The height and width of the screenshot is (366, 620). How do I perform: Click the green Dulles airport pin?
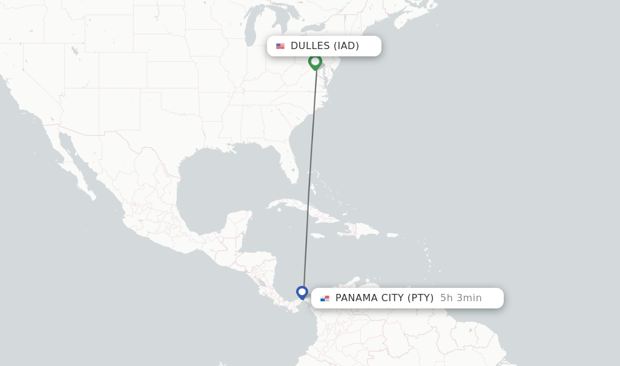(x=315, y=62)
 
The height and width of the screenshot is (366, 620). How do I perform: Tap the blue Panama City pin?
(x=302, y=292)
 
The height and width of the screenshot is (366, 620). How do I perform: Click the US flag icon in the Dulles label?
(x=280, y=46)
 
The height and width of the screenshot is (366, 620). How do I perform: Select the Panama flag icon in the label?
(x=325, y=298)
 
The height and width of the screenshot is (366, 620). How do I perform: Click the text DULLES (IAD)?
(x=325, y=46)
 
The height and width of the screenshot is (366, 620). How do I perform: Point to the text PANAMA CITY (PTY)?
(x=384, y=298)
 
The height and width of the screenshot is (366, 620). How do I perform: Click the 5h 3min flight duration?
(x=461, y=298)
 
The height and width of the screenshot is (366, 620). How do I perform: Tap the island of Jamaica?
(x=317, y=235)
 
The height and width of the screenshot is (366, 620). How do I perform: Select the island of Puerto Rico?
(x=392, y=235)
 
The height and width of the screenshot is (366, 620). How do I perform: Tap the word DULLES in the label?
(x=310, y=46)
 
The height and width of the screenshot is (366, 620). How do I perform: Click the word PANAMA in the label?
(x=355, y=298)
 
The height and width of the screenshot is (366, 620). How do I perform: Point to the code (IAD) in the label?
(x=346, y=46)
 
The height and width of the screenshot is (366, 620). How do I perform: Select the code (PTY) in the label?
(x=420, y=298)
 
